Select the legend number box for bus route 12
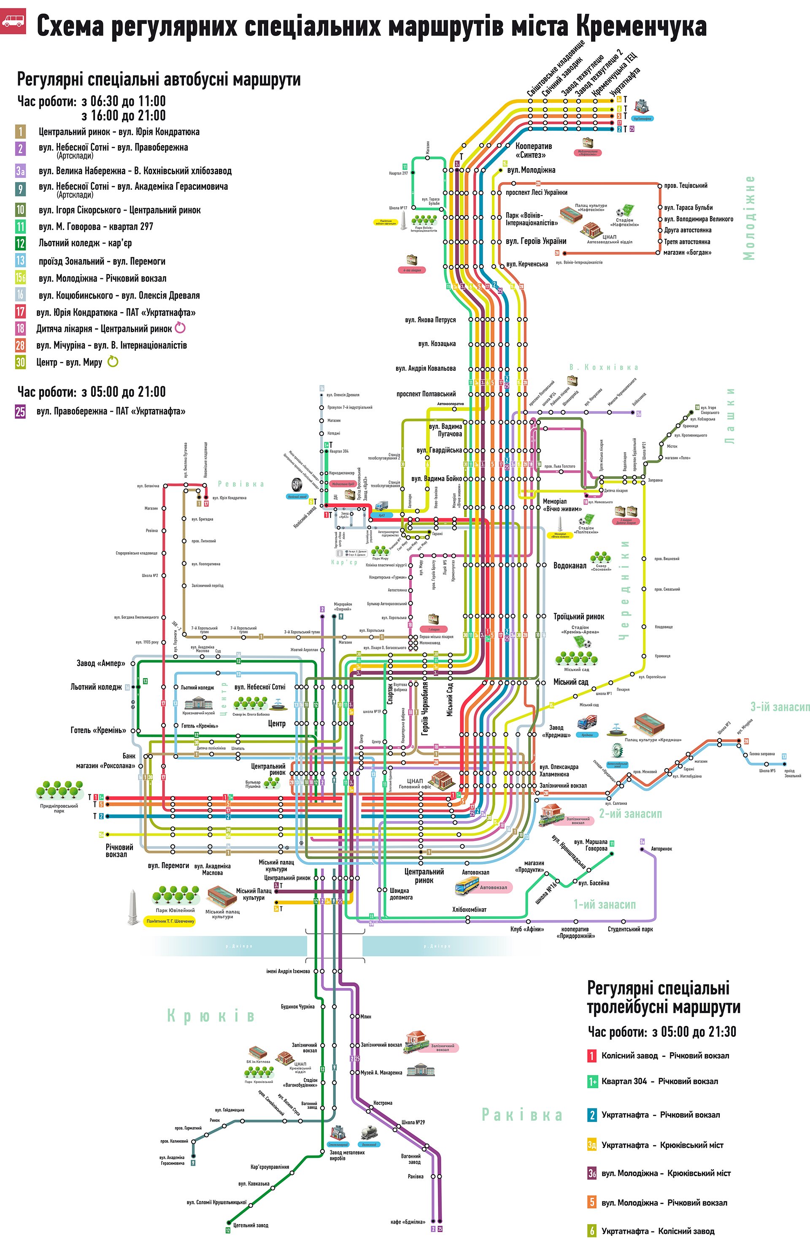20,243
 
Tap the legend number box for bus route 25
20,411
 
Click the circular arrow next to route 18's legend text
180,328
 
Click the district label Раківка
522,1115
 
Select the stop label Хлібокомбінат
469,909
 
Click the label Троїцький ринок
578,616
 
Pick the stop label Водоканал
570,565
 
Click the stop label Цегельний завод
251,1225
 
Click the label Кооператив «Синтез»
533,150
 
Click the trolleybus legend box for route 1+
592,1082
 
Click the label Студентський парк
630,929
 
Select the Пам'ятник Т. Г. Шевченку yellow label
170,921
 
